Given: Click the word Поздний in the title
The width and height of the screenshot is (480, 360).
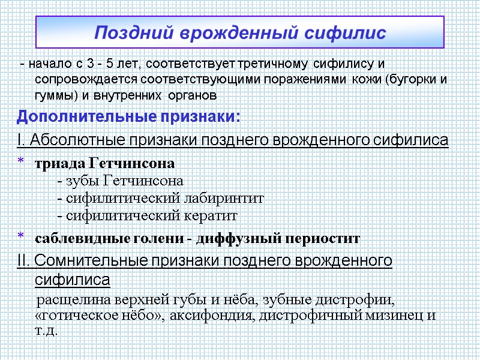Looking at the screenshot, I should click(x=129, y=32).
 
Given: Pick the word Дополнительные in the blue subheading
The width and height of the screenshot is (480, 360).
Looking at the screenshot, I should click(x=77, y=115).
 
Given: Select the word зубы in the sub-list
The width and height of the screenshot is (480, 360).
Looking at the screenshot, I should click(x=82, y=181).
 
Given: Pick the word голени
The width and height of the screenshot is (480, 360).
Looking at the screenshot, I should click(x=157, y=238).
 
